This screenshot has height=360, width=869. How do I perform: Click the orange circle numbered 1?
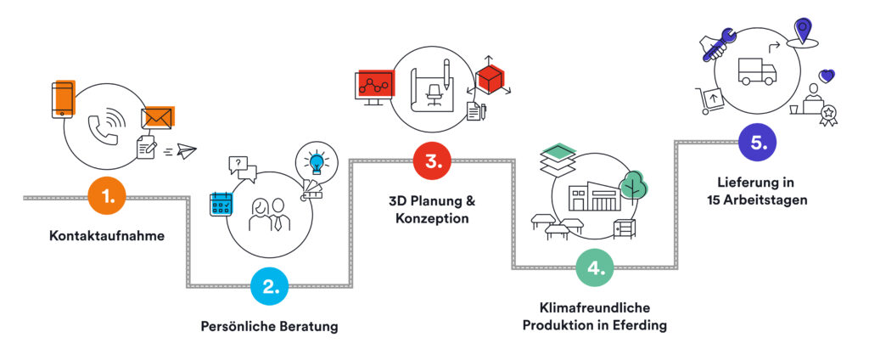(x=108, y=197)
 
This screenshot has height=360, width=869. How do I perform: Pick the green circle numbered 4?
(x=597, y=267)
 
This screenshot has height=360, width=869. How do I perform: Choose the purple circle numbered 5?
(x=759, y=143)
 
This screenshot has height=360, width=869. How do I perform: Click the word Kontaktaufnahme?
(x=106, y=235)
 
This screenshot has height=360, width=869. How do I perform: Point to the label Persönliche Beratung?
(x=269, y=325)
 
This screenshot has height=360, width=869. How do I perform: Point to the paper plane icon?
(x=187, y=151)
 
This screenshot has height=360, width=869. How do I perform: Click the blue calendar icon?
(x=221, y=204)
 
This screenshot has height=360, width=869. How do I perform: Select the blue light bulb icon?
(x=317, y=161)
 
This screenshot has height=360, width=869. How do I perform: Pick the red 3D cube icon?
(x=490, y=78)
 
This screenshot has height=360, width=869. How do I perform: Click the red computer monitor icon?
(x=373, y=85)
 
